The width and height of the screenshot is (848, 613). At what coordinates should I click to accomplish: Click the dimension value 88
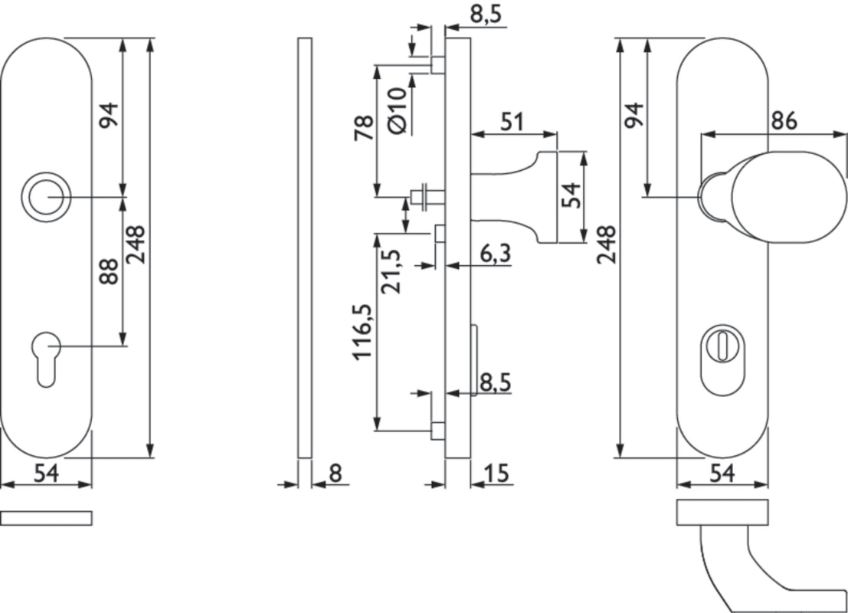point(110,271)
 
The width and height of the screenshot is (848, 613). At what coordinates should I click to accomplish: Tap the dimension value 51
point(511,122)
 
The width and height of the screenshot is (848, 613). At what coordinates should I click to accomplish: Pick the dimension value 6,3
point(496,254)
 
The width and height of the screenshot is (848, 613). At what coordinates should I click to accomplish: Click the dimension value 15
point(497,474)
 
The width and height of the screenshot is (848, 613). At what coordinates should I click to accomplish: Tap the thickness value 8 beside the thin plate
point(336,474)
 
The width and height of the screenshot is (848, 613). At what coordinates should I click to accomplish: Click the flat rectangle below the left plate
point(46,518)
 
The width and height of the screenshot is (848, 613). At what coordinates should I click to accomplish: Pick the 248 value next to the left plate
point(136,244)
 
